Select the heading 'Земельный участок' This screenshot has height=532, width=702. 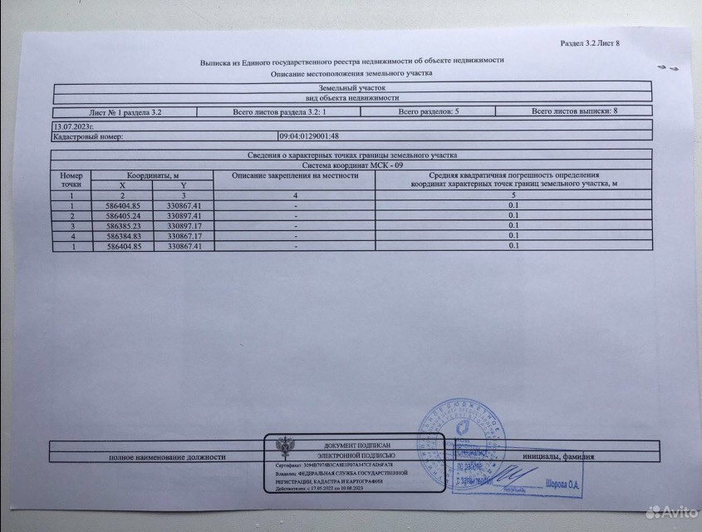351,87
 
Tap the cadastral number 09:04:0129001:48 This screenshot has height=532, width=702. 311,135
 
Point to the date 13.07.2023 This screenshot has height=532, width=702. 70,125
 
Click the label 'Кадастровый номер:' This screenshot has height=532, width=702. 88,135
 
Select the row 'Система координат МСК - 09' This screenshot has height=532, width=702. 351,165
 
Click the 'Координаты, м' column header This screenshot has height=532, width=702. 154,175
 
